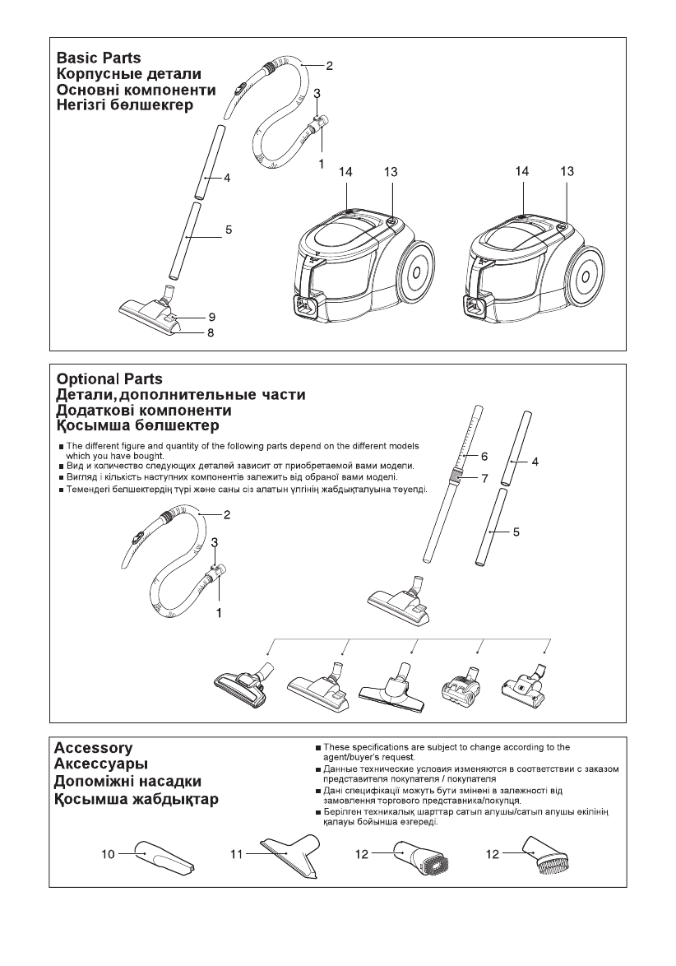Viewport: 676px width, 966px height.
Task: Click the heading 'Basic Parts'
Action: coord(98,58)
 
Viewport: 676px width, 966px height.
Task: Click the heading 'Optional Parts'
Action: coord(109,379)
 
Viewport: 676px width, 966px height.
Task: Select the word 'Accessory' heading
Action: coord(93,748)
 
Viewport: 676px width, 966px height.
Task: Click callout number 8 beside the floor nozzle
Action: coord(211,332)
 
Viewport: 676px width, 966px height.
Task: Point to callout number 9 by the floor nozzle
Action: coord(211,317)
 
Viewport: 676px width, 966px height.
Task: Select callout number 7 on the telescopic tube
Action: coord(484,476)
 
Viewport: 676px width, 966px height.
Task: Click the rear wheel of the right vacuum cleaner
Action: coord(590,272)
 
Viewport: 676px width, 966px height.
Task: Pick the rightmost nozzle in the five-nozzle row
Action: coord(526,684)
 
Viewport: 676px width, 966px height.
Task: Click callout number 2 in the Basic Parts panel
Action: coord(329,64)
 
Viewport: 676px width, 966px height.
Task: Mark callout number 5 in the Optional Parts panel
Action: coord(516,532)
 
